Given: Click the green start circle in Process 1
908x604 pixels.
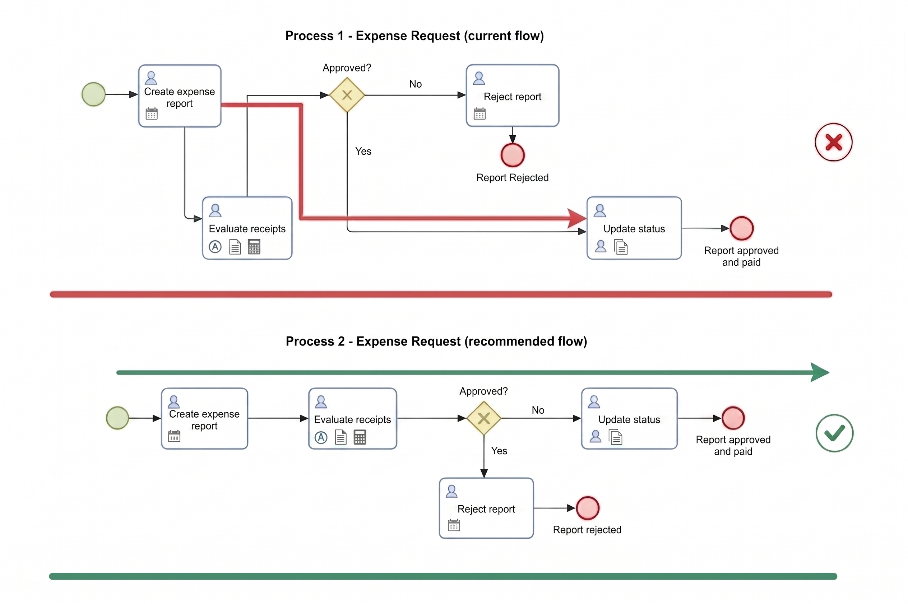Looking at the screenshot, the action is pos(94,94).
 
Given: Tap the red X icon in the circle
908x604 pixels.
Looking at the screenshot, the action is pos(833,142).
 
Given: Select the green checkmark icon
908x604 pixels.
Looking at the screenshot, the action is pos(834,433).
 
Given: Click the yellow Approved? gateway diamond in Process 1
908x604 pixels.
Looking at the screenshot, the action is pos(347,95).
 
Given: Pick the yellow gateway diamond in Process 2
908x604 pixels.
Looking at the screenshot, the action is pos(483,418).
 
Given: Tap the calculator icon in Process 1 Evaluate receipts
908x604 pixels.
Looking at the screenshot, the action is pos(254,247).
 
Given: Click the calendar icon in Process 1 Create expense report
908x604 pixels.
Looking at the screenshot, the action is pos(152,113).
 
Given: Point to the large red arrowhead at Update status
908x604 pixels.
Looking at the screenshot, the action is pos(577,218).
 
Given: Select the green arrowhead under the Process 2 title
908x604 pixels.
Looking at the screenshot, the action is pos(820,372).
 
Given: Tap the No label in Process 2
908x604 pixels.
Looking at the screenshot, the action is pos(538,410).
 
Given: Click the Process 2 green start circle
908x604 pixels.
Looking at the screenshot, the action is pos(117,418).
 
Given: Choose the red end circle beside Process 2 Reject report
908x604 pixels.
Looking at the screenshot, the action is pos(587,508).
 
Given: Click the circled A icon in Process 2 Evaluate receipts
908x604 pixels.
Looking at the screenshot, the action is pos(321,438).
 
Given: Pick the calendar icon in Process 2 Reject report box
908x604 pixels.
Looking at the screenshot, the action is pos(454,525).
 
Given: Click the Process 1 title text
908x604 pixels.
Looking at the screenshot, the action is pos(414,36).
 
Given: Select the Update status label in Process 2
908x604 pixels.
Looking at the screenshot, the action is pos(629,419).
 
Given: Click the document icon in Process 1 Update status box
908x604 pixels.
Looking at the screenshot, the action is pos(621,247).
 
